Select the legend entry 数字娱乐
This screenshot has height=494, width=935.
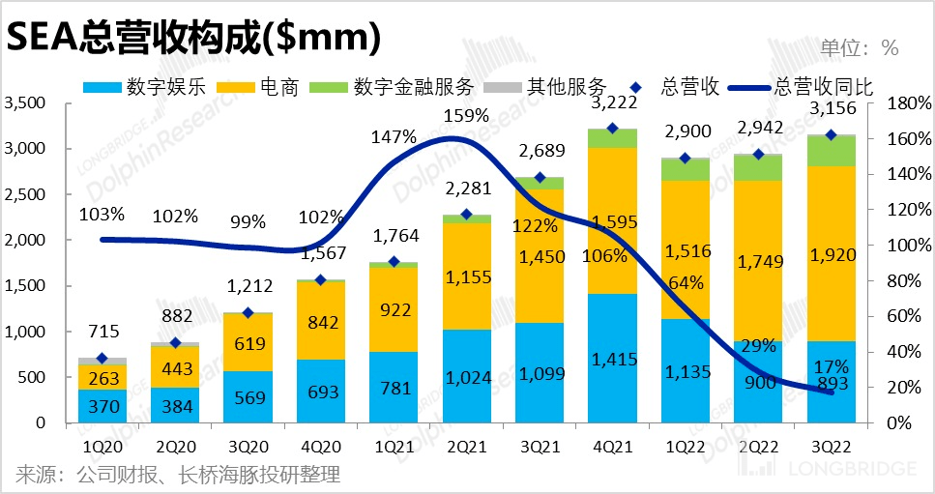(x=154, y=86)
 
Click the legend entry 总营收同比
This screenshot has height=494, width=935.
(x=822, y=86)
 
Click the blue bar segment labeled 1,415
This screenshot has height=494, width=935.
(x=612, y=359)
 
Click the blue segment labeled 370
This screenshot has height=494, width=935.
(x=102, y=406)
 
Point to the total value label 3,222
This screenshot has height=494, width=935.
(x=612, y=102)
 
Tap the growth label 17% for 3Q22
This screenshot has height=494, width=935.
(x=831, y=367)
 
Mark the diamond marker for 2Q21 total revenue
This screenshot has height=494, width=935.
(x=466, y=215)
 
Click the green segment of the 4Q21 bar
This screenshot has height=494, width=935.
(x=612, y=138)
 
